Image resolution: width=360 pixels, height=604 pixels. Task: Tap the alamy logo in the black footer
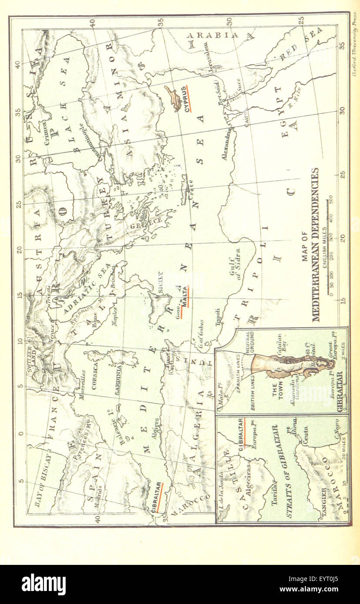click(x=43, y=584)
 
